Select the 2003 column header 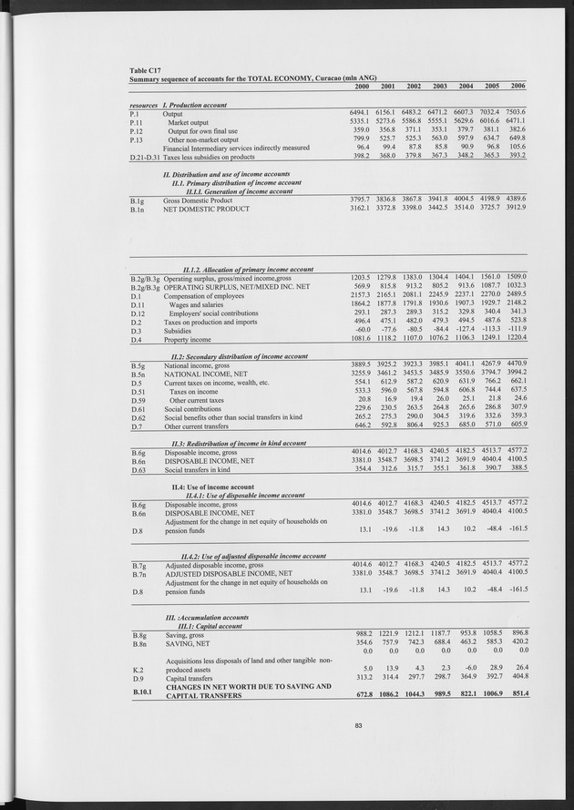440,86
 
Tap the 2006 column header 518,86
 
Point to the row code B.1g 138,200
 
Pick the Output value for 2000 361,113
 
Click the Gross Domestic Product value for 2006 518,200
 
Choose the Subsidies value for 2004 466,330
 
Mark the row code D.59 138,400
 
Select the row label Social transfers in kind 197,469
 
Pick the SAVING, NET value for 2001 387,642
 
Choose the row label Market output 192,122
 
